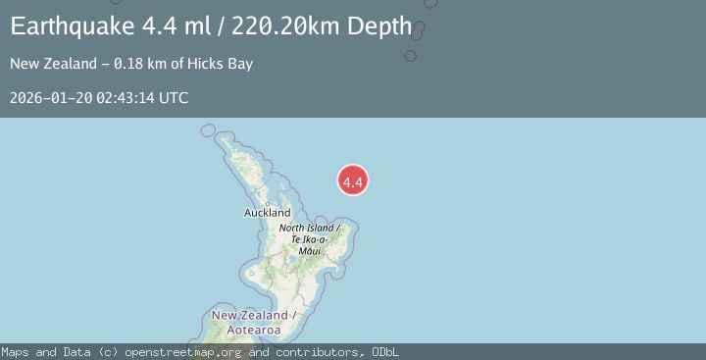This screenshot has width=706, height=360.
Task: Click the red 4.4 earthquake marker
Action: click(353, 180)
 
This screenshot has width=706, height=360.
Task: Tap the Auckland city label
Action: click(268, 213)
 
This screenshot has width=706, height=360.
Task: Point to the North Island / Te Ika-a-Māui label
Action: click(310, 239)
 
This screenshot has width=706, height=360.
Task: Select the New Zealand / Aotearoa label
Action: click(250, 322)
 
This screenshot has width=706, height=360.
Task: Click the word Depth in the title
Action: click(378, 26)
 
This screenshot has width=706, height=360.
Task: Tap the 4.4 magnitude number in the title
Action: click(159, 26)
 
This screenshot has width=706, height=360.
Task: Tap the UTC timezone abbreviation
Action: click(174, 98)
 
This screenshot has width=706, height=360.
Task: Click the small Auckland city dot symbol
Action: click(268, 203)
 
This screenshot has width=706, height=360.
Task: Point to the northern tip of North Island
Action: click(208, 129)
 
